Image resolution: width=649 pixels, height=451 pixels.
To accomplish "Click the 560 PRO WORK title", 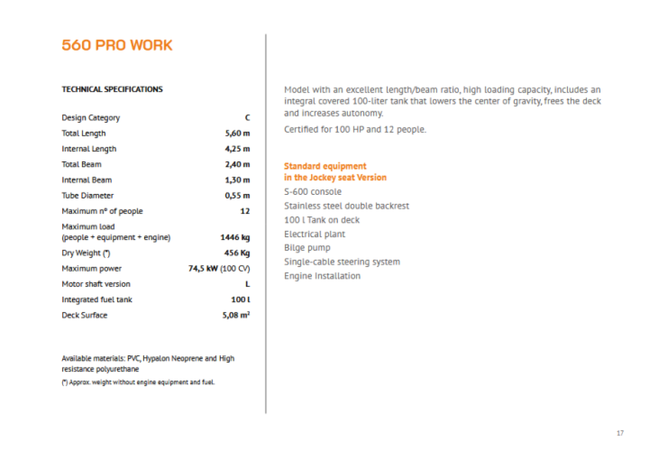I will (x=117, y=45).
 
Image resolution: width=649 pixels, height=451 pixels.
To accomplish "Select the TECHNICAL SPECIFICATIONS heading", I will (x=112, y=89).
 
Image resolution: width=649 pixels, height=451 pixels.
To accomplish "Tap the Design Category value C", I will (x=247, y=118).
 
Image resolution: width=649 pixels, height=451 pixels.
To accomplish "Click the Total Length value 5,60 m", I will (x=237, y=134).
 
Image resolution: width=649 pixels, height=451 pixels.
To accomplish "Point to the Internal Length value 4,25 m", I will (x=237, y=149).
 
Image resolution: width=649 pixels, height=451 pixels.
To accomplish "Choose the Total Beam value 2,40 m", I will (x=237, y=164).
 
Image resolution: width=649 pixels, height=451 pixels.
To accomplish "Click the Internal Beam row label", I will (x=87, y=180).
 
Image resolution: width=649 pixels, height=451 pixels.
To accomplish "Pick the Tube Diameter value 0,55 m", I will (x=237, y=195).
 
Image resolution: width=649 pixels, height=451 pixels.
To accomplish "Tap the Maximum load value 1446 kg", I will (x=235, y=238).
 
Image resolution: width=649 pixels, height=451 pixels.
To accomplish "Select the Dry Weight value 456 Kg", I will (x=236, y=253).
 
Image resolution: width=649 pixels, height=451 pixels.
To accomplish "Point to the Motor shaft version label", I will (x=96, y=284).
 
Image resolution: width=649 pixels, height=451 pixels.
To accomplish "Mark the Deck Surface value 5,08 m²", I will (x=236, y=315).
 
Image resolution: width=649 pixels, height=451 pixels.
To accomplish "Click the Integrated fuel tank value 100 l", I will (x=240, y=300).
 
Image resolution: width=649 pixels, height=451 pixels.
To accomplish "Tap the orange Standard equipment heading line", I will (x=325, y=166).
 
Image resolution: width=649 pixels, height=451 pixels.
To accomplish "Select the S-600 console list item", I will (x=312, y=191).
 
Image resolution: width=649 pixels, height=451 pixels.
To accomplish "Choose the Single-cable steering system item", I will (x=342, y=262).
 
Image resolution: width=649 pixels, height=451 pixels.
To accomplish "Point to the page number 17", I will (x=620, y=433).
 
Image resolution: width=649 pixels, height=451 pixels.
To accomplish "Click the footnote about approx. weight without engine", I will (x=138, y=382).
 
